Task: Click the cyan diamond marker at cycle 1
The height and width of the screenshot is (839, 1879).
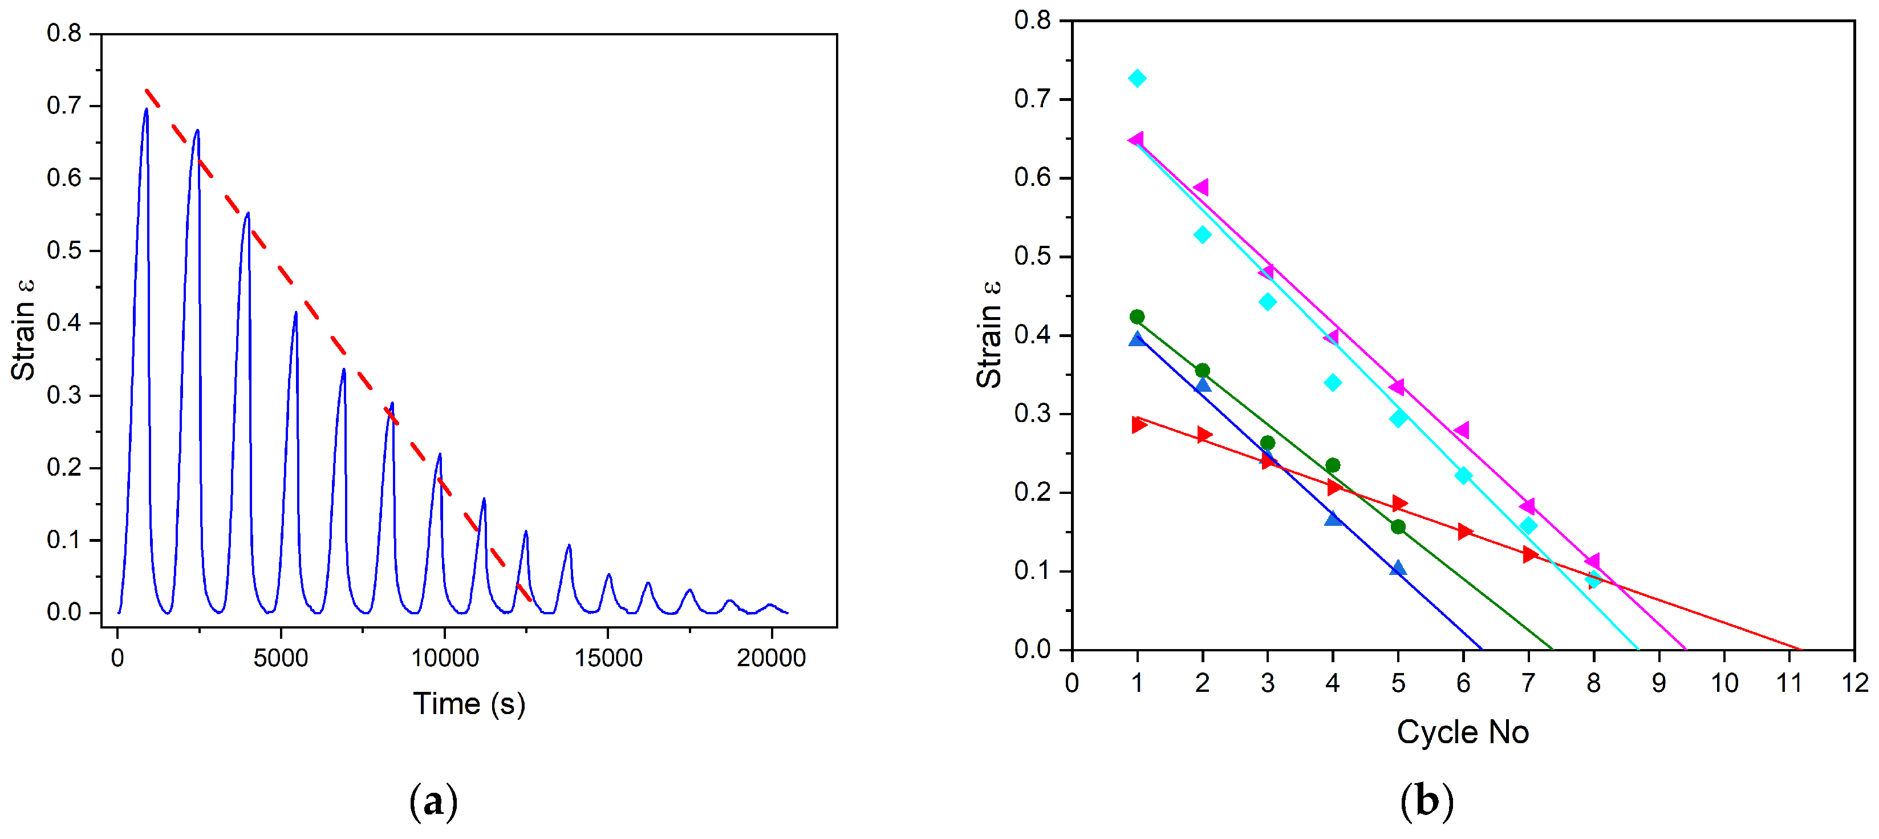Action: coord(1137,78)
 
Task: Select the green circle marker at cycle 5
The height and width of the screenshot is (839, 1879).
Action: coord(1398,527)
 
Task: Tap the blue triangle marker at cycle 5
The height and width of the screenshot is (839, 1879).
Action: coord(1398,568)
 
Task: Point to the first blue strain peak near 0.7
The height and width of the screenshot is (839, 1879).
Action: coord(147,110)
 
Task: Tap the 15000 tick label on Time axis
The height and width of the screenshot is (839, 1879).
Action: coord(608,659)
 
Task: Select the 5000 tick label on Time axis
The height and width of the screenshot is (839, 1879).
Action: coord(280,659)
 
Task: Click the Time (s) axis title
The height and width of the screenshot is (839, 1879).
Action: coord(469,704)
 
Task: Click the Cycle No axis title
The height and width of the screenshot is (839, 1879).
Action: coord(1463,732)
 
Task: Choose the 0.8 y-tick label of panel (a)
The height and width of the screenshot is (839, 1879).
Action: coord(64,33)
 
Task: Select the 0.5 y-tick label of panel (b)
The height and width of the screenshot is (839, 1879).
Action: coord(1032,256)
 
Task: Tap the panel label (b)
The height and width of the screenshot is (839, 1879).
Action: coord(1427,802)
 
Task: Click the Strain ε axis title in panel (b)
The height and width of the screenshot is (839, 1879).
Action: coord(989,334)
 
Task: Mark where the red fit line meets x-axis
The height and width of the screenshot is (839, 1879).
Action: coord(1800,649)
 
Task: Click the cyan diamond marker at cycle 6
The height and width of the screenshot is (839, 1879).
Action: coord(1463,476)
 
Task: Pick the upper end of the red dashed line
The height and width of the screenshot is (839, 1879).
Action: coord(147,91)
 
